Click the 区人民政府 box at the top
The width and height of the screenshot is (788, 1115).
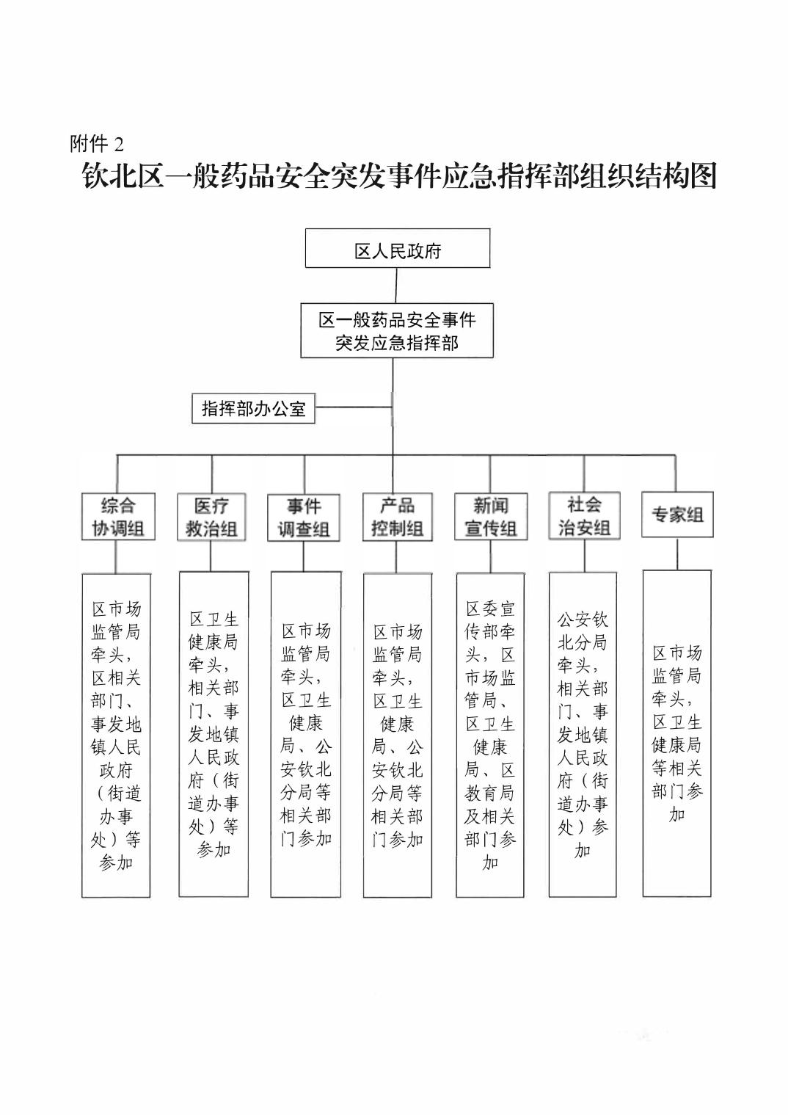[x=397, y=248]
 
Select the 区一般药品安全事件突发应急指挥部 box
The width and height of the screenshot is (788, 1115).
[x=396, y=330]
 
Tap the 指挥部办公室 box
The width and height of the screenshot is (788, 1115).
[x=253, y=408]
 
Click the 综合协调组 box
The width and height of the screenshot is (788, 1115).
[x=117, y=517]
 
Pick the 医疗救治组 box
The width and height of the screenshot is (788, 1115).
[x=211, y=517]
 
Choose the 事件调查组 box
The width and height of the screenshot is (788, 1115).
[x=304, y=517]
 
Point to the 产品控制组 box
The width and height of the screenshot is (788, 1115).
[x=397, y=517]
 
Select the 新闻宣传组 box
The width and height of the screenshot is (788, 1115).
[x=490, y=517]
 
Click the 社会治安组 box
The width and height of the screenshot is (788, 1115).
[x=584, y=516]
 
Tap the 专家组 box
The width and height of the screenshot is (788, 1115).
[x=677, y=515]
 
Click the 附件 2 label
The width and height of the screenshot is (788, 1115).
[x=97, y=143]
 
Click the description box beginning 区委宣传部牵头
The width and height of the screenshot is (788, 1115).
[x=490, y=735]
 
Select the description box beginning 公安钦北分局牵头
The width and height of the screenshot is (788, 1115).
[x=583, y=735]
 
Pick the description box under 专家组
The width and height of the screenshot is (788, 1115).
[x=677, y=733]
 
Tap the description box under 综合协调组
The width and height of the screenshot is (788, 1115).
[x=116, y=735]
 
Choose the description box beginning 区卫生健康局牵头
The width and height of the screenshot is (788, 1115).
[x=214, y=734]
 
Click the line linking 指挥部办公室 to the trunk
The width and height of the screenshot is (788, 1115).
[x=353, y=407]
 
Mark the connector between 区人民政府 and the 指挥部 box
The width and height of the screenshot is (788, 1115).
[x=396, y=285]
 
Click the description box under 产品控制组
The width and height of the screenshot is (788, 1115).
[x=397, y=735]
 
